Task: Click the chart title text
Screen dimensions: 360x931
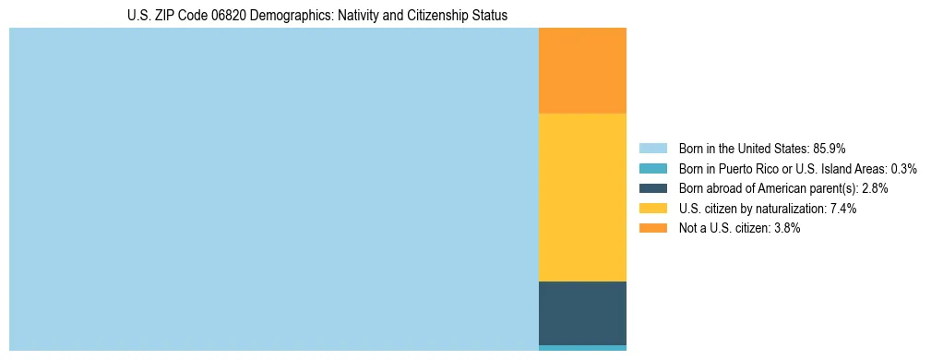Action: pos(317,16)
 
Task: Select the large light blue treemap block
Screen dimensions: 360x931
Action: pos(273,189)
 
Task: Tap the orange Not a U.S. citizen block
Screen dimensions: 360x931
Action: pos(582,70)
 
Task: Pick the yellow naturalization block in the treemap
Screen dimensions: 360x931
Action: pos(582,197)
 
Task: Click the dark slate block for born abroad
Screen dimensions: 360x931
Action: pos(582,313)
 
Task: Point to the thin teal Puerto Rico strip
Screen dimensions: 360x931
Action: pos(582,348)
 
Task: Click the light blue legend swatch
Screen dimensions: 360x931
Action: pos(652,148)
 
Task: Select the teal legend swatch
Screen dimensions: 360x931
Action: pos(652,168)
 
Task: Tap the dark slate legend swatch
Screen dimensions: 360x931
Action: pos(652,188)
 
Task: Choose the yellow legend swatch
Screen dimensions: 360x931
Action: pos(652,209)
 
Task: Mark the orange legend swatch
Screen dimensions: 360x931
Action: pos(652,228)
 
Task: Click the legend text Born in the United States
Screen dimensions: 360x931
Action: pos(743,148)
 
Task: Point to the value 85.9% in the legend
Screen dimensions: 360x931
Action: pos(830,148)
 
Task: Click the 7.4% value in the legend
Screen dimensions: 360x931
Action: pos(843,209)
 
